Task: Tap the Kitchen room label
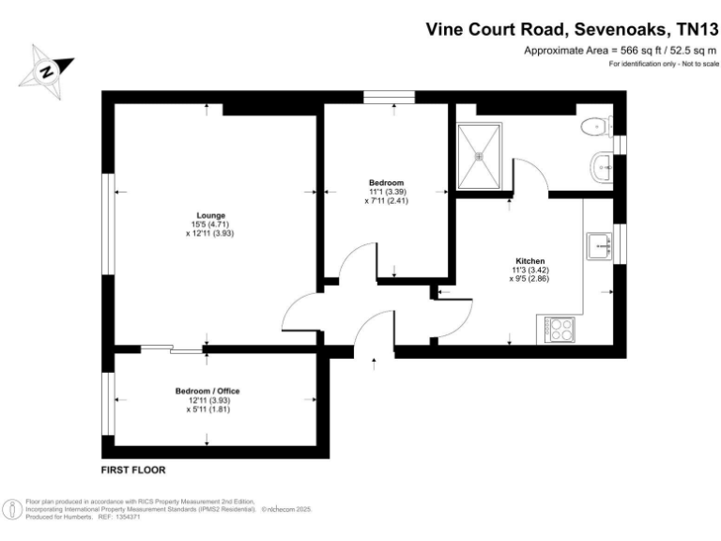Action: tap(529, 260)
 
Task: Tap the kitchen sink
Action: tap(597, 246)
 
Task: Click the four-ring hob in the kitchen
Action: tap(561, 330)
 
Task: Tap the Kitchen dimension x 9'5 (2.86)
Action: tap(529, 279)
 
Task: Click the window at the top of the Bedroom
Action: tap(389, 94)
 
